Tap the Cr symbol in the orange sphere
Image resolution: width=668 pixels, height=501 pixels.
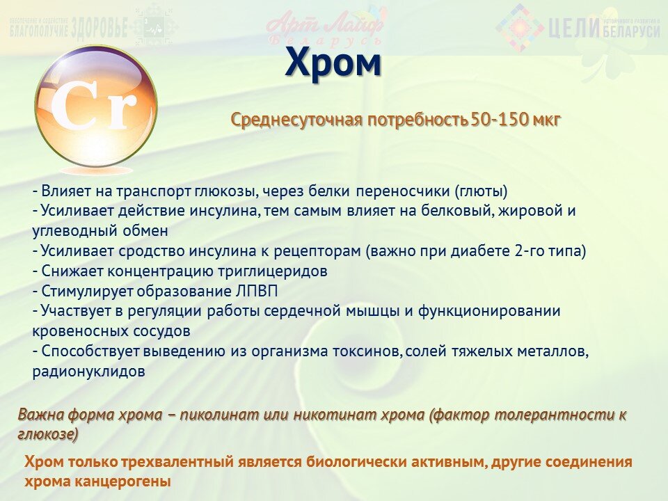point(94,106)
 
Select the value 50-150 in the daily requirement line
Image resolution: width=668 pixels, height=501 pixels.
point(500,120)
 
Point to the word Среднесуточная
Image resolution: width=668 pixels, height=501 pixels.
point(296,120)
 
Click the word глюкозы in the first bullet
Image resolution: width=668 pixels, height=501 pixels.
point(225,191)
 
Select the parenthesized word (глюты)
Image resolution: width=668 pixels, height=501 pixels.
point(481,191)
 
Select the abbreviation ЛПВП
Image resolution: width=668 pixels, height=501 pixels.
point(257,292)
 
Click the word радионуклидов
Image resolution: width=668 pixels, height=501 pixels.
point(88,372)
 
